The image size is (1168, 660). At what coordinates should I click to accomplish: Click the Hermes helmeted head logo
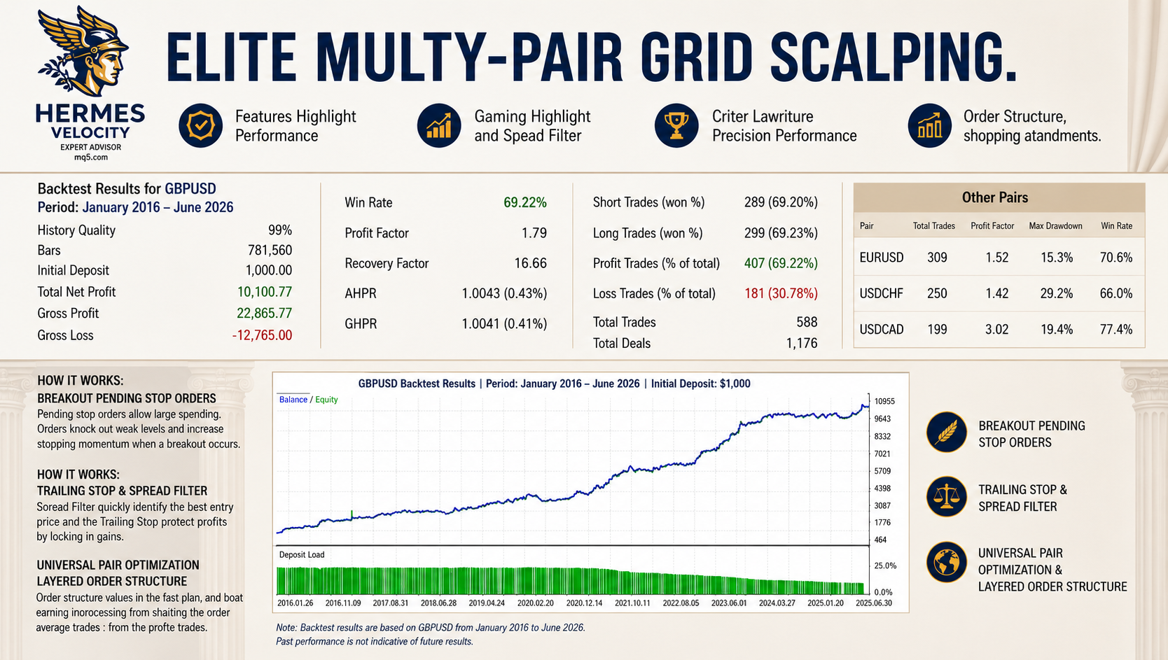pyautogui.click(x=83, y=51)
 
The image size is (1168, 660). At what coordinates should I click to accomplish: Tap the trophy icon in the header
pyautogui.click(x=676, y=126)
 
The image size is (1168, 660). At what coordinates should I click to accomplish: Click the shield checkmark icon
pyautogui.click(x=201, y=126)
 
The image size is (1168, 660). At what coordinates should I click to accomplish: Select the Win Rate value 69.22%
pyautogui.click(x=525, y=202)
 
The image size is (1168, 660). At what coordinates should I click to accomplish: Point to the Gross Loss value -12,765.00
pyautogui.click(x=262, y=335)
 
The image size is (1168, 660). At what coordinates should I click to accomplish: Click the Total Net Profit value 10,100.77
pyautogui.click(x=265, y=292)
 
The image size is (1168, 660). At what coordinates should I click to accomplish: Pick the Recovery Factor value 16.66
pyautogui.click(x=530, y=263)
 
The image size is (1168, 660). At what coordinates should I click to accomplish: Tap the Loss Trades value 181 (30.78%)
pyautogui.click(x=781, y=293)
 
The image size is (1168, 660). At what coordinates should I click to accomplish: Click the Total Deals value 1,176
pyautogui.click(x=802, y=343)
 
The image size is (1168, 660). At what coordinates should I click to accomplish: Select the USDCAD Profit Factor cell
pyautogui.click(x=996, y=330)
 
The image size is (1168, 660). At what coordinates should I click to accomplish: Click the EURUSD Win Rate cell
pyautogui.click(x=1116, y=258)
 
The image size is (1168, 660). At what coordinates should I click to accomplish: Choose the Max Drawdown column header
pyautogui.click(x=1055, y=226)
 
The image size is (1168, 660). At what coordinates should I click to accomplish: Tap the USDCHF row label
pyautogui.click(x=881, y=293)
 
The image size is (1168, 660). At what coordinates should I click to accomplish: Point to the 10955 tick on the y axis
pyautogui.click(x=884, y=402)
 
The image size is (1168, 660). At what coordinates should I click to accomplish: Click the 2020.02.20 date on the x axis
pyautogui.click(x=535, y=603)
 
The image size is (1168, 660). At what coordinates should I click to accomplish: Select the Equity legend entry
pyautogui.click(x=326, y=400)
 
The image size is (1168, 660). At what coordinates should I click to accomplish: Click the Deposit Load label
pyautogui.click(x=301, y=555)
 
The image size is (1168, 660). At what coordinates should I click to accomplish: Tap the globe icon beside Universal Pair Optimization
pyautogui.click(x=947, y=562)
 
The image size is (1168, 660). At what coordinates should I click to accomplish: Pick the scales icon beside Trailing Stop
pyautogui.click(x=947, y=497)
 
